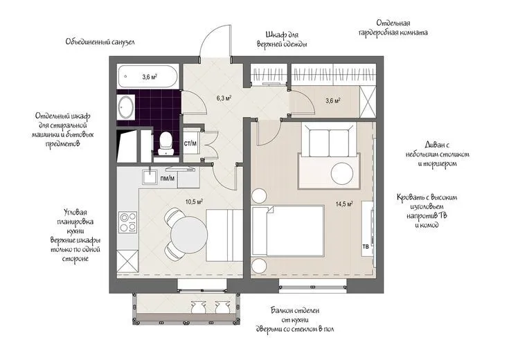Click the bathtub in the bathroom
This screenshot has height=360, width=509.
(148, 77)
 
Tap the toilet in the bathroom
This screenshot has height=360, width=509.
(166, 143)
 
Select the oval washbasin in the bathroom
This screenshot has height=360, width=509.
(125, 107)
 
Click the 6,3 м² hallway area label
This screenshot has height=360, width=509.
(224, 98)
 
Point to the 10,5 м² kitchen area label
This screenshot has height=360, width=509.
(195, 201)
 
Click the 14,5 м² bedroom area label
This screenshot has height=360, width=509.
(344, 204)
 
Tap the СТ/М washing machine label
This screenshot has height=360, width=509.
(190, 143)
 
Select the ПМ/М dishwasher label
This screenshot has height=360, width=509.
(168, 178)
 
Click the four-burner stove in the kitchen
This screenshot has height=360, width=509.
(127, 222)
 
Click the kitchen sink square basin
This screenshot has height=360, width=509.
(150, 177)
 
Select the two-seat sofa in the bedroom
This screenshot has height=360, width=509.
(330, 140)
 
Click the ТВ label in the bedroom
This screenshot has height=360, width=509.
(365, 246)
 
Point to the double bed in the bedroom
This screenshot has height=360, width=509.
(288, 231)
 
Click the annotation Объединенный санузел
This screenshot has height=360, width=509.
(100, 42)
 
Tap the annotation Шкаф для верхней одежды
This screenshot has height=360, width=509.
(282, 39)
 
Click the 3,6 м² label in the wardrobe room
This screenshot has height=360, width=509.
(332, 100)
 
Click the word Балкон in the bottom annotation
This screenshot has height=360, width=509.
(281, 311)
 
